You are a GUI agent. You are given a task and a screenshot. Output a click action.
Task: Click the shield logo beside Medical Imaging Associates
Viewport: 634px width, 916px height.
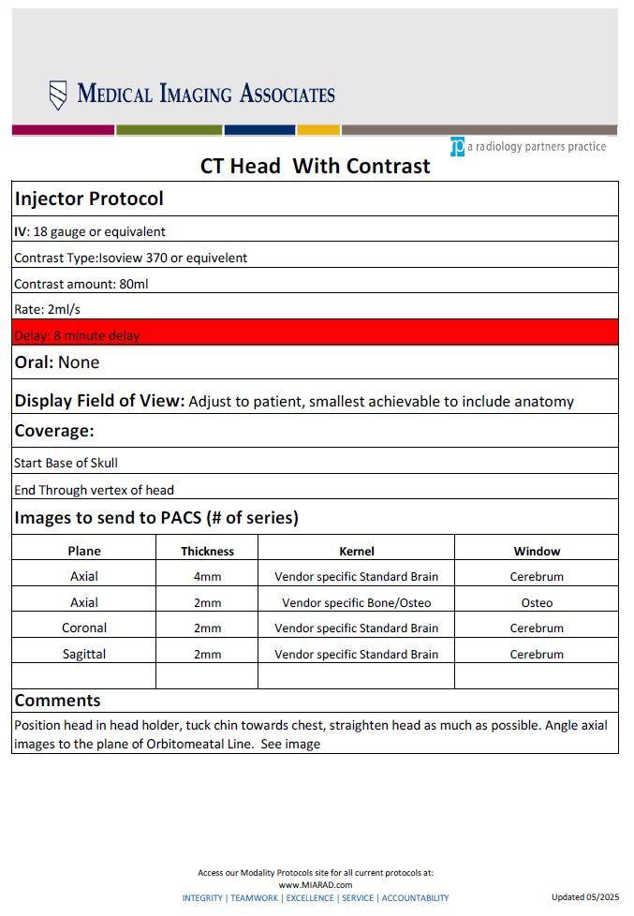coord(58,95)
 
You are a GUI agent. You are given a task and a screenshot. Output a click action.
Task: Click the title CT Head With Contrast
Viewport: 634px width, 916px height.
coord(316,167)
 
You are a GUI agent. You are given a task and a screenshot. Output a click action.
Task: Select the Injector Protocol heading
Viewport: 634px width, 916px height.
coord(89,199)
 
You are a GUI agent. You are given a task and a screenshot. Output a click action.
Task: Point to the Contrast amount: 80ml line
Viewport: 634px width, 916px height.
coord(81,284)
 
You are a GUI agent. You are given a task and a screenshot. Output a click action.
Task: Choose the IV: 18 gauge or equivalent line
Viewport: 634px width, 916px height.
coord(90,231)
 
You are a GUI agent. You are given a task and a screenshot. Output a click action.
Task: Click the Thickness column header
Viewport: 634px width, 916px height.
coord(207,551)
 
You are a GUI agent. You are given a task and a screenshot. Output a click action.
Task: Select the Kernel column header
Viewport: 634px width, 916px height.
coord(356,551)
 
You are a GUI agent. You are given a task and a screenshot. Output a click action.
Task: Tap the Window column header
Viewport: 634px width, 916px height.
coord(537,551)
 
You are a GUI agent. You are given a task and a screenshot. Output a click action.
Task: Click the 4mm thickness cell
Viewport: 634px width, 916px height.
coord(207,576)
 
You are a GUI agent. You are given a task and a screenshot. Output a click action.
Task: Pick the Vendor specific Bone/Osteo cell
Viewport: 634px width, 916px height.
coord(356,602)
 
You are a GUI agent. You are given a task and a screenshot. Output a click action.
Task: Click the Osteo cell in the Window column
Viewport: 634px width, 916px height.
coord(537,602)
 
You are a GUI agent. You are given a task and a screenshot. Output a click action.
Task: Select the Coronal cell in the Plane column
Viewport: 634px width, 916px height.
coord(84,628)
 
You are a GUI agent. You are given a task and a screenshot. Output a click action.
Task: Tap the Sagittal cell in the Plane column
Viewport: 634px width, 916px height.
coord(84,654)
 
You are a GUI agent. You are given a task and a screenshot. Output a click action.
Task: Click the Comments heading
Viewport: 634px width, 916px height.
coord(57,701)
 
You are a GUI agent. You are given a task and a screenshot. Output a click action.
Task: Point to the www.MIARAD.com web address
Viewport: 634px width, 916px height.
coord(315,884)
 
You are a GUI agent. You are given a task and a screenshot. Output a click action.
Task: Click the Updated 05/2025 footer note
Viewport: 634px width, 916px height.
coord(585,897)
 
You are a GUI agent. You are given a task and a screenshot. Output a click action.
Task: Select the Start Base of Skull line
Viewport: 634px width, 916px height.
coord(66,463)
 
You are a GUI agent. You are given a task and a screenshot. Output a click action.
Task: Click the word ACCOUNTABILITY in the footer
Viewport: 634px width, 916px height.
coord(415,897)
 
